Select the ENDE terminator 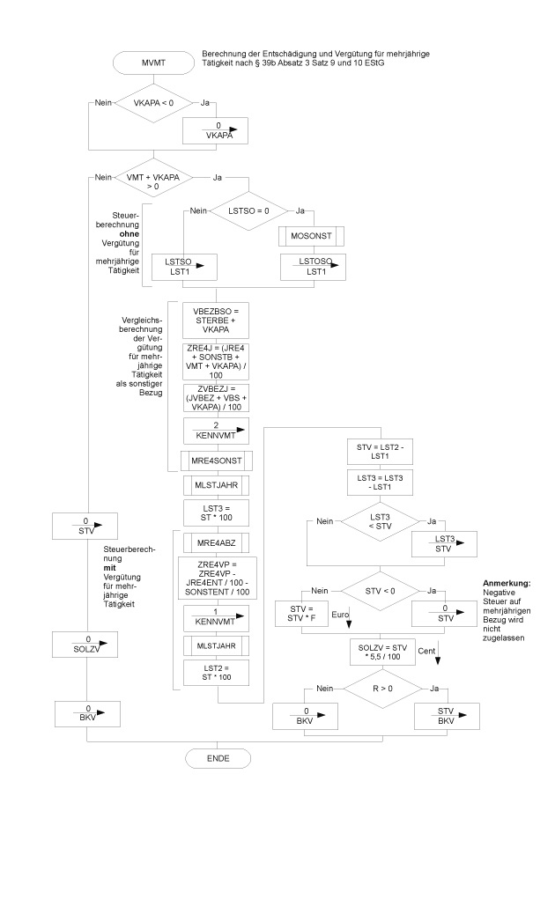point(217,757)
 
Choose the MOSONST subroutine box point(311,237)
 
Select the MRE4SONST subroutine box point(217,461)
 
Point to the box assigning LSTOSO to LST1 point(311,267)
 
